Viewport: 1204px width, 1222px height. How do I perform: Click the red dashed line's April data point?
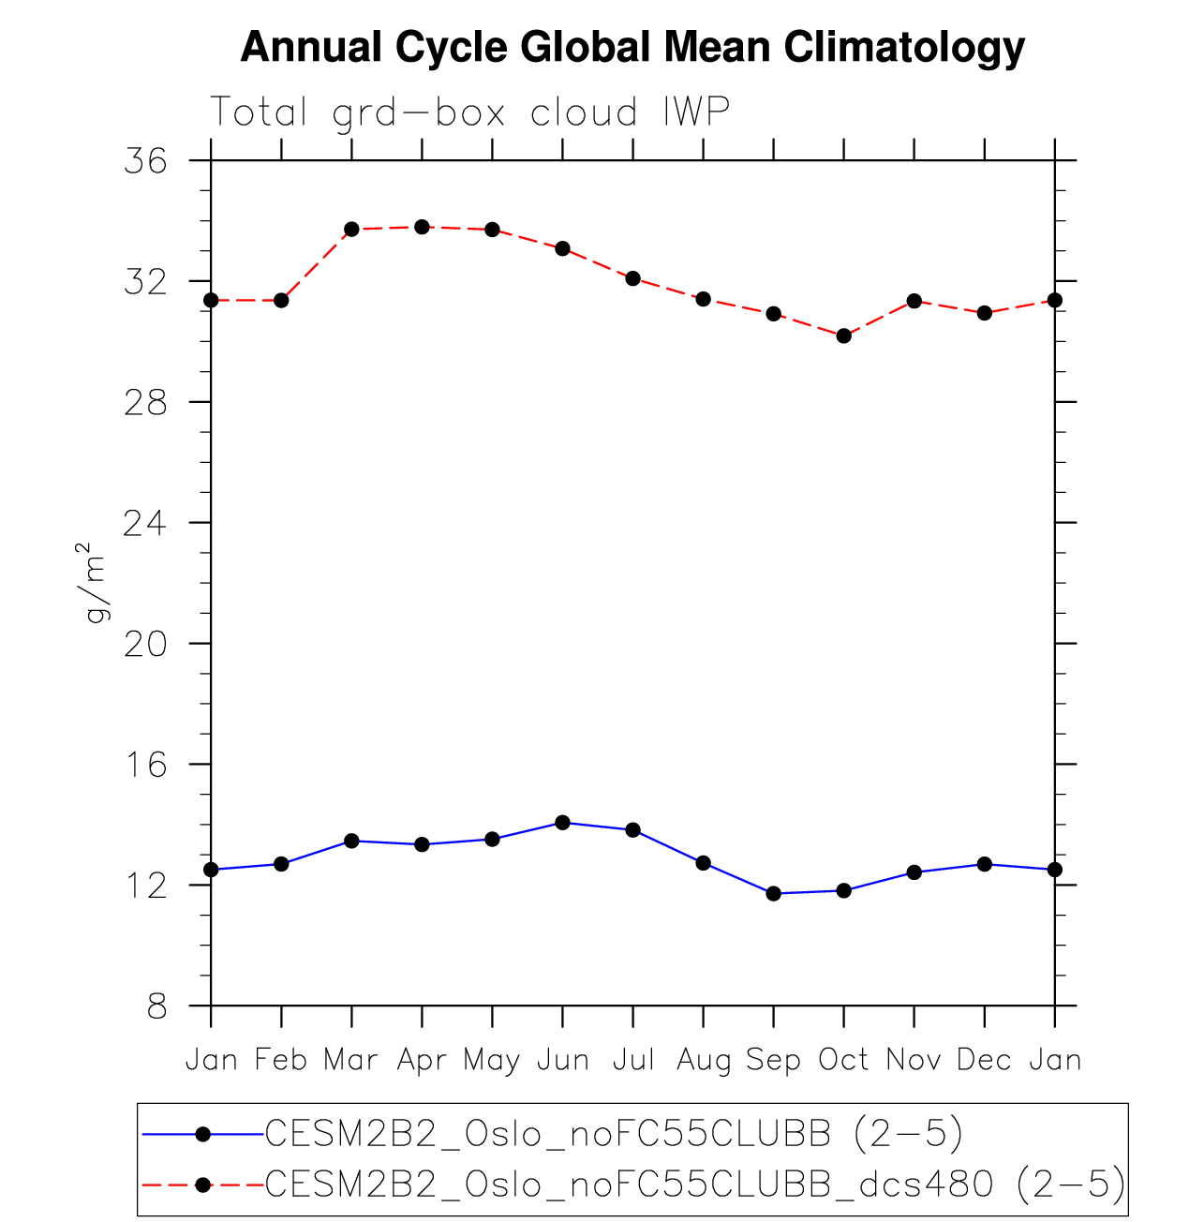pos(422,227)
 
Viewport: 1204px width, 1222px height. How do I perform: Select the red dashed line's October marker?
pos(844,335)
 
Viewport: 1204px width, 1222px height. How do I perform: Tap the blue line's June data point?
pos(562,823)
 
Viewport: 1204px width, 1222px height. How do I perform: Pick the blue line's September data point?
pos(774,893)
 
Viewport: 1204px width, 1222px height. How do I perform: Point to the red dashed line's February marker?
pos(281,300)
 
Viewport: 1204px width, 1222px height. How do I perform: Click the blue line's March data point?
pos(351,841)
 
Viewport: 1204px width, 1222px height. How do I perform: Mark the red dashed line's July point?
pos(633,278)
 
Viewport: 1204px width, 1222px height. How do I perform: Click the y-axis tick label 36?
pos(145,161)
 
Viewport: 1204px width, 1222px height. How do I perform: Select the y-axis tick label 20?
pos(145,644)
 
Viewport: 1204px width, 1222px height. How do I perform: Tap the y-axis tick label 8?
pos(156,1007)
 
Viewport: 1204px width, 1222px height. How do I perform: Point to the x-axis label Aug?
pos(704,1060)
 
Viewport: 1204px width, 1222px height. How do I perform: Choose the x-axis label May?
pos(492,1061)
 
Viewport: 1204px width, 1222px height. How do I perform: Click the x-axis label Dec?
pos(985,1060)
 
